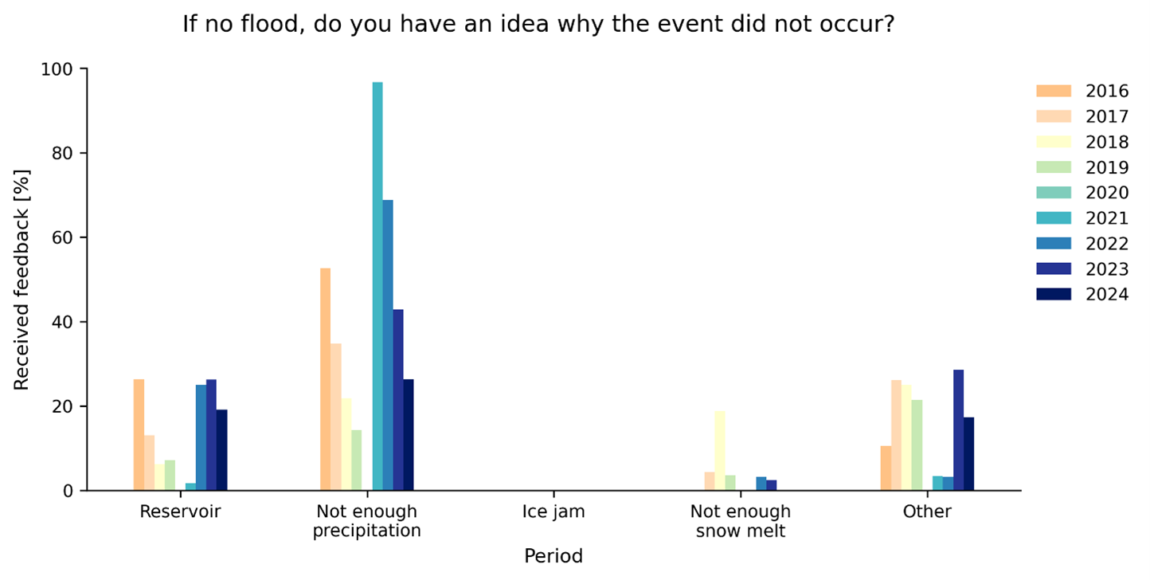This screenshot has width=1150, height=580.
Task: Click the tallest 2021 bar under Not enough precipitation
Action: point(377,286)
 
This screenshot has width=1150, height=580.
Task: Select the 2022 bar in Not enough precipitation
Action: point(388,345)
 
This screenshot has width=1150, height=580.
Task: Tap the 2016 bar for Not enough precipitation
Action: point(326,379)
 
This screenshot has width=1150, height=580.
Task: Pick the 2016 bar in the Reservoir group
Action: point(139,435)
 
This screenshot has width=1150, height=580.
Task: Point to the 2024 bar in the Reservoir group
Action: point(221,450)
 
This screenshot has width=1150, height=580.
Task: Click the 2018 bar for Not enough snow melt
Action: point(720,451)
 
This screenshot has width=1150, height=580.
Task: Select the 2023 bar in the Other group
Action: point(959,430)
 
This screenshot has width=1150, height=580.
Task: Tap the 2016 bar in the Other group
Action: point(886,468)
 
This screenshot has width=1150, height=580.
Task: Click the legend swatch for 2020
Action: point(1054,193)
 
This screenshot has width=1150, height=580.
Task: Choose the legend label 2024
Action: point(1107,294)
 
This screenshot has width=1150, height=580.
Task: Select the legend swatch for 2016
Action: point(1054,91)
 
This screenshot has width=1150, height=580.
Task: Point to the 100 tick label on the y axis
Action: point(57,69)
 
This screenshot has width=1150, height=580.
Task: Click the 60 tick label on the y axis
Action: point(63,238)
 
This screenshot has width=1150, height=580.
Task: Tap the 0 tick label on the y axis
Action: point(68,491)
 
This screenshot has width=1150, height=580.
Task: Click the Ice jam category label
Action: point(553,511)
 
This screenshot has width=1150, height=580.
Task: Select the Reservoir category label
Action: point(180,511)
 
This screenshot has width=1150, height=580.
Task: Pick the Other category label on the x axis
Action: point(927,511)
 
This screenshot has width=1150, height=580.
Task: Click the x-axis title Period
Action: point(553,556)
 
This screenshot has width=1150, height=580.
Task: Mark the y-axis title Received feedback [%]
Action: point(22,280)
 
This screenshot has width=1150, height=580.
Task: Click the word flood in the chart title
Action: point(269,24)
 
